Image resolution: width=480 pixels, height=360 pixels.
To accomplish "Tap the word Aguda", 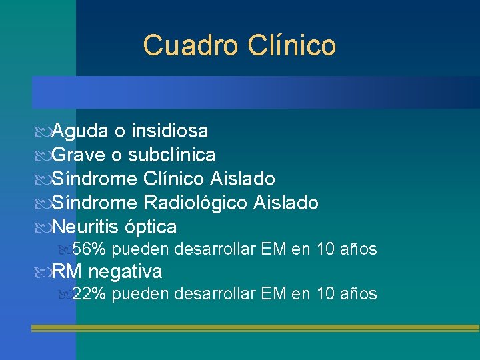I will click(x=79, y=131).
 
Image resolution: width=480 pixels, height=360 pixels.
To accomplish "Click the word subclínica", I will click(x=172, y=155).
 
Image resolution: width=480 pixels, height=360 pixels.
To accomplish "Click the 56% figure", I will click(x=89, y=249).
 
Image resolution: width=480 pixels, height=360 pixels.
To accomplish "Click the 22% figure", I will click(x=89, y=293).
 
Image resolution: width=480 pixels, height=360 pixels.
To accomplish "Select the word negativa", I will click(x=125, y=272).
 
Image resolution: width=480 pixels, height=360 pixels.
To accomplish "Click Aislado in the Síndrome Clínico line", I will click(x=243, y=179).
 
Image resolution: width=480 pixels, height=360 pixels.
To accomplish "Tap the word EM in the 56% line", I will click(x=274, y=249).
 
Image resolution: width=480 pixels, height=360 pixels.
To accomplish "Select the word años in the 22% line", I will click(x=359, y=293).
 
